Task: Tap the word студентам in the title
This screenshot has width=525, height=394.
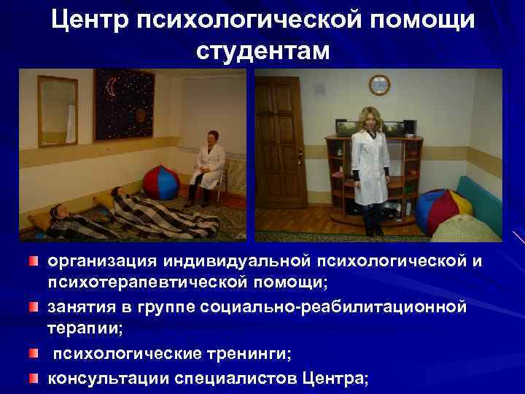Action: pos(262,51)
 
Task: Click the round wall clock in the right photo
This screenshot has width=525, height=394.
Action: pos(379,85)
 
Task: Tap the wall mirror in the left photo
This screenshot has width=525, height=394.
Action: pos(58,109)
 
